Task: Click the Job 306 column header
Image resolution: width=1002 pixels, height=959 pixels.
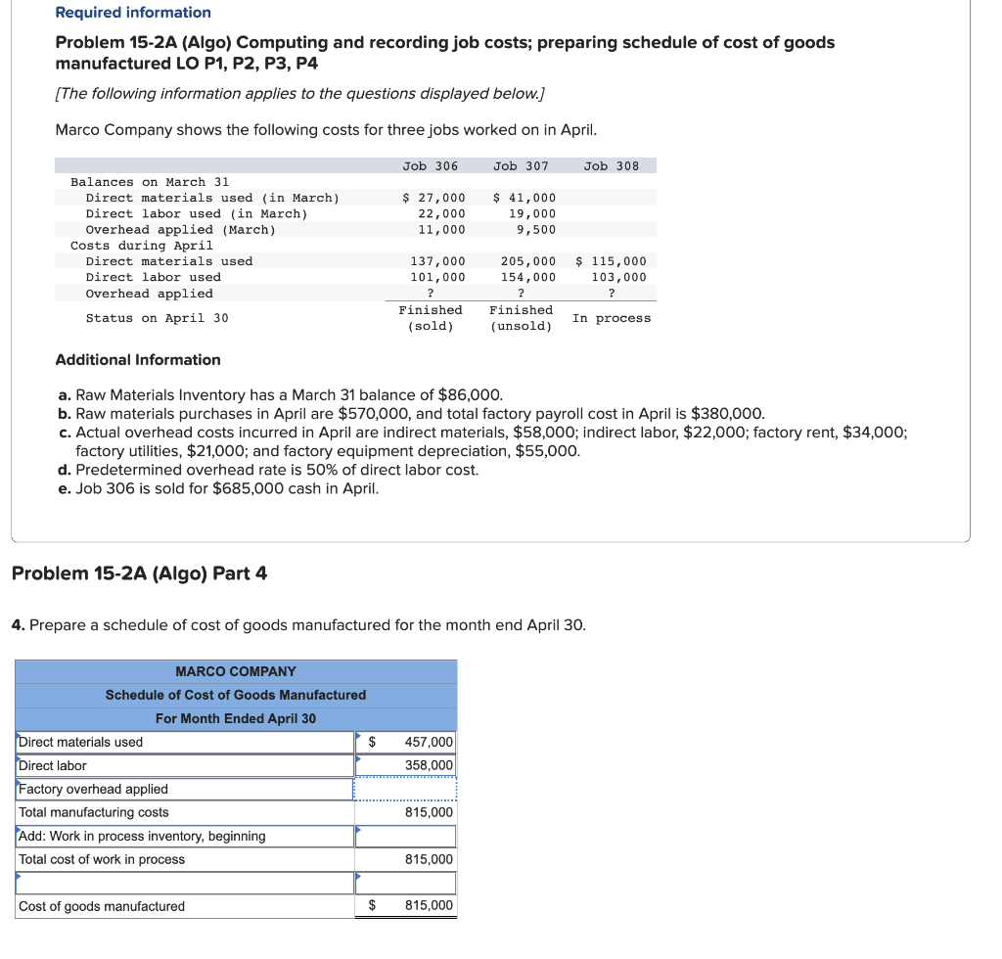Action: point(430,165)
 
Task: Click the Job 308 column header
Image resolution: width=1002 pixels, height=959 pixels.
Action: point(611,165)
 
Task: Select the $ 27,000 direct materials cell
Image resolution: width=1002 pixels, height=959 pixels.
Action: point(434,198)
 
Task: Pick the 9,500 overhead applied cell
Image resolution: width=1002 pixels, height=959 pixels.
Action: point(536,230)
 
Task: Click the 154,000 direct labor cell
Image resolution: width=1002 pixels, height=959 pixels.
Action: point(527,277)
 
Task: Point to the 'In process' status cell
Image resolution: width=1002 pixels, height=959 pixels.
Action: point(611,318)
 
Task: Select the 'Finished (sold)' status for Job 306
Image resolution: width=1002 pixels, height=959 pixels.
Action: point(430,318)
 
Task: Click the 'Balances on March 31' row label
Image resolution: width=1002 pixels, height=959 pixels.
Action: point(150,182)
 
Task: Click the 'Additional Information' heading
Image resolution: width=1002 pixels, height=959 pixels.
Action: point(138,360)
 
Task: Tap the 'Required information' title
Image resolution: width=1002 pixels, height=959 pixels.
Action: point(133,13)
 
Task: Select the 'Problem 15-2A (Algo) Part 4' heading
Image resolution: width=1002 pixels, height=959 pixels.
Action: point(139,573)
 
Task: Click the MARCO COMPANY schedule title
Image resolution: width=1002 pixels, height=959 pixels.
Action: point(236,671)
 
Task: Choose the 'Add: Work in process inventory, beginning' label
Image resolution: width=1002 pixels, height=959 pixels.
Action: point(142,836)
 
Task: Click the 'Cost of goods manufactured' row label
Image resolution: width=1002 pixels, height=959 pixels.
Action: point(102,906)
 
